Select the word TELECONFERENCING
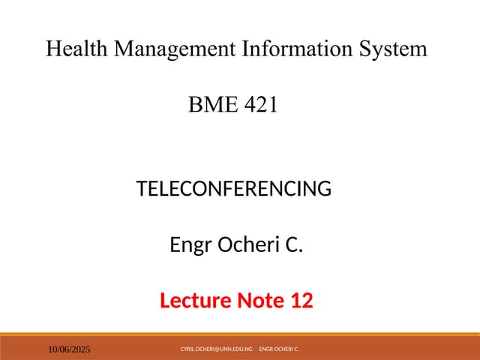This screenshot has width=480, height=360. click(234, 189)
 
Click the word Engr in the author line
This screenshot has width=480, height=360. click(190, 245)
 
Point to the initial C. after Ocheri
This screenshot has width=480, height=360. click(294, 245)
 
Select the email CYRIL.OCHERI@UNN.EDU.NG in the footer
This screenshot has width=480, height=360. click(216, 349)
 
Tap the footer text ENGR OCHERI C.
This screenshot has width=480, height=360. click(279, 349)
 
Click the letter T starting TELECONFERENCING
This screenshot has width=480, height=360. click(142, 189)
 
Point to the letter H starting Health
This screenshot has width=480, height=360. click(53, 49)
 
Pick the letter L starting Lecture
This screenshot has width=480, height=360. click(166, 301)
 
